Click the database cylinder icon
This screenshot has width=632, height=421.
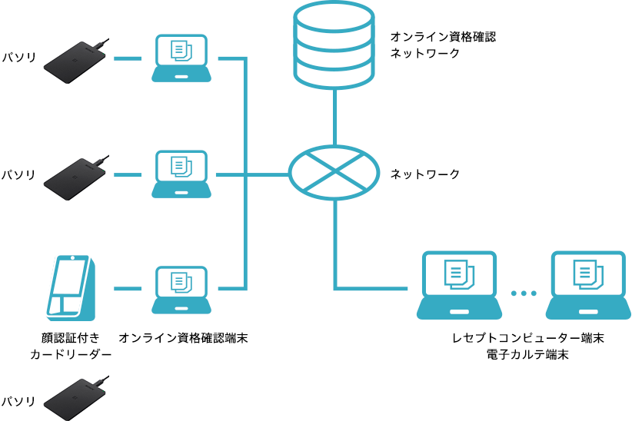pos(334,45)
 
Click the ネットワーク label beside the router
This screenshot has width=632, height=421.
pos(425,174)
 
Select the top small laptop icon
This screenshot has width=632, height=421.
pos(181,58)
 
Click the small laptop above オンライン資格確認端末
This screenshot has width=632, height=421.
pos(181,290)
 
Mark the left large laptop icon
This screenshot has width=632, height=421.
pos(459,285)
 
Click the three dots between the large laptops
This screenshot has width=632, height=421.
pos(524,293)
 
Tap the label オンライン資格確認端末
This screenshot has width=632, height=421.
pos(183,338)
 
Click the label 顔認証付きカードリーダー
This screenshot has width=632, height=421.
pos(71,346)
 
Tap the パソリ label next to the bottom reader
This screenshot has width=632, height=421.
pos(18,401)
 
